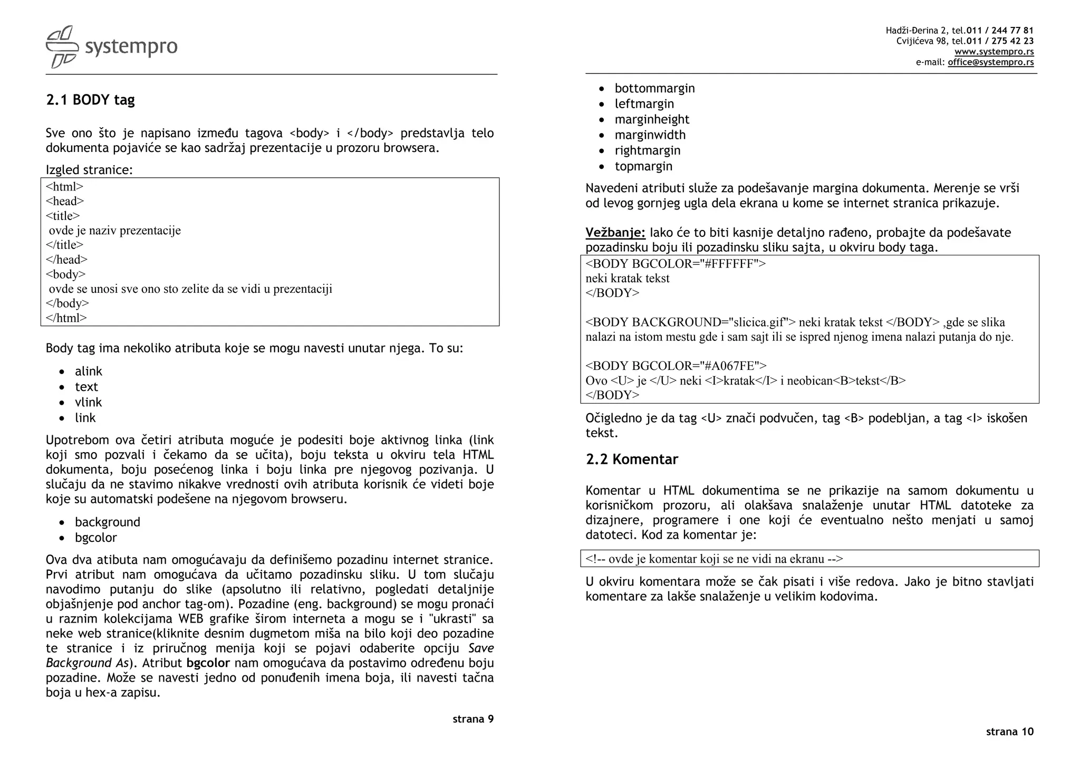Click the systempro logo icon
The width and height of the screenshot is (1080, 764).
(x=62, y=47)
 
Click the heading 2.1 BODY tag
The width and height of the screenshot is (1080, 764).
(x=90, y=100)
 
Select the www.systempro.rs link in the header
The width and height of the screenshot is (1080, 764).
(x=994, y=52)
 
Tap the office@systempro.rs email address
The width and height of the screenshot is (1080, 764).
(x=990, y=62)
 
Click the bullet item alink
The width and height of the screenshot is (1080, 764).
(x=88, y=371)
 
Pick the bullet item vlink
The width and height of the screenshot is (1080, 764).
(x=88, y=403)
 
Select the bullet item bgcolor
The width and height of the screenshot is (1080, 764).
(x=95, y=538)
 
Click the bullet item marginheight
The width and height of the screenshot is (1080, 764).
(x=651, y=120)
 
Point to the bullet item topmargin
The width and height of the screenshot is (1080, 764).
(x=643, y=166)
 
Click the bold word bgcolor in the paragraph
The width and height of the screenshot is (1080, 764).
(x=208, y=663)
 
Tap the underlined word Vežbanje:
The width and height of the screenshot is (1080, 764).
(x=615, y=233)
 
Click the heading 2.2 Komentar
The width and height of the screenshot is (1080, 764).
(x=631, y=460)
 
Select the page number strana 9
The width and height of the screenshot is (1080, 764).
(x=472, y=719)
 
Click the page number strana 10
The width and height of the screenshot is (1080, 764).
(x=1009, y=732)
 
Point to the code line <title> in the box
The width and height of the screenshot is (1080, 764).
(x=63, y=216)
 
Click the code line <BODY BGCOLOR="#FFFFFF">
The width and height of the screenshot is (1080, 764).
(x=675, y=264)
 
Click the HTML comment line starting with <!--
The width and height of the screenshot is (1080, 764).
(x=714, y=559)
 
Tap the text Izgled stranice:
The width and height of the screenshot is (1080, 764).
(x=89, y=170)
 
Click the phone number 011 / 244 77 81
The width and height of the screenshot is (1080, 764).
(x=999, y=31)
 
